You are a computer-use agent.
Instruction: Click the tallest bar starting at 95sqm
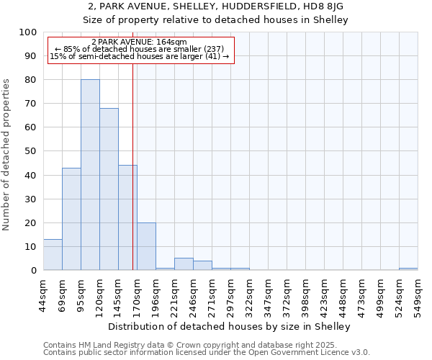(x=90, y=175)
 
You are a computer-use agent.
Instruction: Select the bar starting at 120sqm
(x=109, y=189)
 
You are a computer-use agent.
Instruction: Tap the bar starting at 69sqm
(x=71, y=219)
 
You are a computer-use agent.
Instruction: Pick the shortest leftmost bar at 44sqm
(x=53, y=255)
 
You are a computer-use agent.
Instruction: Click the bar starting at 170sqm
(x=146, y=247)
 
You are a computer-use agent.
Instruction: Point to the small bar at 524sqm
(x=408, y=269)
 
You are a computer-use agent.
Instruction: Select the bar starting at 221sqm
(x=184, y=264)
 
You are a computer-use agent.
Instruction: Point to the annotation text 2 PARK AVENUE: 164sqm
(x=140, y=42)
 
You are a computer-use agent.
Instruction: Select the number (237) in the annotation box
(x=215, y=49)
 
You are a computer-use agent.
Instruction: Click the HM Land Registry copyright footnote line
(x=195, y=345)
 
